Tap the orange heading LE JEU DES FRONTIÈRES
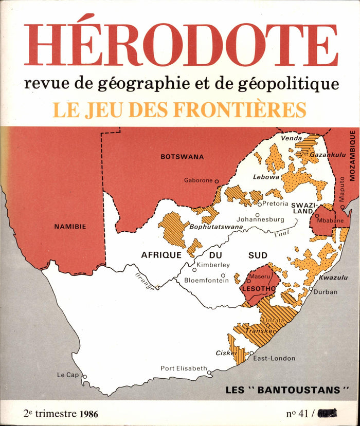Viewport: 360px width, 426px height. click(x=179, y=109)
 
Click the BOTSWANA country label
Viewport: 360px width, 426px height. click(x=182, y=157)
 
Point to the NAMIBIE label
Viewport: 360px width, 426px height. click(x=70, y=226)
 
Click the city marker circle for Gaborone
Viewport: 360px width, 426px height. click(x=217, y=181)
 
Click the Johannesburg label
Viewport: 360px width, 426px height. click(x=260, y=219)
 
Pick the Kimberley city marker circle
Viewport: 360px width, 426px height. click(x=194, y=269)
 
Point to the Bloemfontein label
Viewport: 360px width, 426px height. click(x=206, y=281)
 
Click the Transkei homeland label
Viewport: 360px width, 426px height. click(x=258, y=331)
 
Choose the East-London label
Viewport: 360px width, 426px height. click(x=274, y=358)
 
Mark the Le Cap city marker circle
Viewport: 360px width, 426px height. click(x=84, y=377)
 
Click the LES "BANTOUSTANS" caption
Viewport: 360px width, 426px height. click(x=283, y=390)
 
